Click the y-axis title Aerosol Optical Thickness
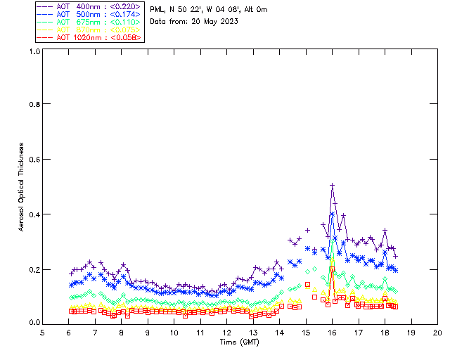tap(22, 187)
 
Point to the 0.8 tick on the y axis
tap(34, 104)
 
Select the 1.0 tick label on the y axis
tap(34, 51)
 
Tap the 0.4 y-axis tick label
tap(34, 214)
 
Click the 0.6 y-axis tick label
tap(34, 160)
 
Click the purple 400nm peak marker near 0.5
tap(333, 186)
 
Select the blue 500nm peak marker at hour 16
tap(333, 213)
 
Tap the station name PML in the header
tap(156, 10)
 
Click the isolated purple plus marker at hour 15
tap(307, 230)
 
